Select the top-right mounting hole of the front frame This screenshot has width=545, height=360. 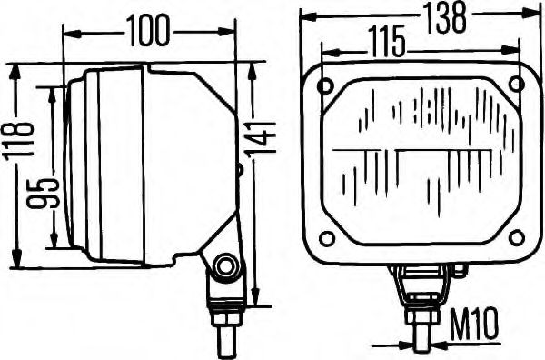point(516,85)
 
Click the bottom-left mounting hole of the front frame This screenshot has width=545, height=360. point(327,239)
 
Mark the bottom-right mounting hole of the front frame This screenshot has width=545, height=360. point(516,238)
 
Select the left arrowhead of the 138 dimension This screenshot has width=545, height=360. point(306,15)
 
